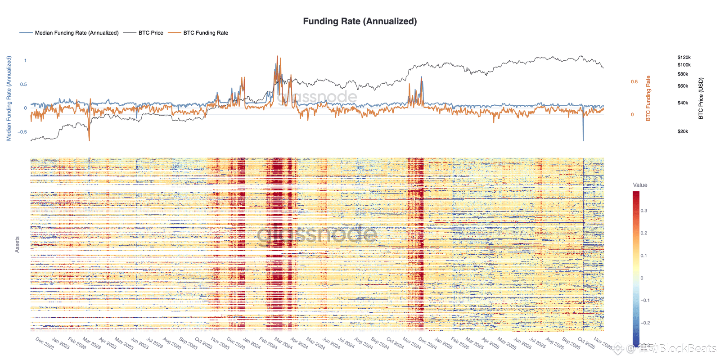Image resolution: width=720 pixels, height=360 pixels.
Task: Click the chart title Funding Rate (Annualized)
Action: (x=360, y=21)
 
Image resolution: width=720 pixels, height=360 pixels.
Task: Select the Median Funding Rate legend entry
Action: (x=76, y=33)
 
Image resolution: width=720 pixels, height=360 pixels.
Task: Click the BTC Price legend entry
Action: (x=151, y=33)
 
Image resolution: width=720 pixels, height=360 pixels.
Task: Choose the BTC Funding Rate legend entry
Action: (x=206, y=33)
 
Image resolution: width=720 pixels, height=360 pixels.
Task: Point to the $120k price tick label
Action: (x=684, y=58)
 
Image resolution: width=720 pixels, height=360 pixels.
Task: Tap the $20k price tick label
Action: (x=683, y=131)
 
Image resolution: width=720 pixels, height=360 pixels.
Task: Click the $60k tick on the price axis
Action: (x=683, y=86)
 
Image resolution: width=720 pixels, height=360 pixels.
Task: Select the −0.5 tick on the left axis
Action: (x=22, y=132)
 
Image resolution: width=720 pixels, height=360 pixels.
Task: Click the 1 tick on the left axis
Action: (x=25, y=61)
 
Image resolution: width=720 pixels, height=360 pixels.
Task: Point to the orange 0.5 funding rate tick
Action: (x=634, y=82)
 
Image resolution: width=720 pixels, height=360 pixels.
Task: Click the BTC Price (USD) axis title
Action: (x=701, y=99)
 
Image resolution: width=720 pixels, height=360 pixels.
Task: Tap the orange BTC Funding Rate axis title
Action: (x=648, y=99)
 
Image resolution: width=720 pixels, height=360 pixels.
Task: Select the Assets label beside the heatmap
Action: (x=17, y=244)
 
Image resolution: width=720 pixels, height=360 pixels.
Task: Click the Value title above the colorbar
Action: (x=640, y=185)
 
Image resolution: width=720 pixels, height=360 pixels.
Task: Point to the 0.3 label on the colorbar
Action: (x=644, y=211)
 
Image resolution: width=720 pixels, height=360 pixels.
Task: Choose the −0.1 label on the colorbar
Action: (x=645, y=300)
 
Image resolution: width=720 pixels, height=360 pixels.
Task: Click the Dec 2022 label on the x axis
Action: (x=45, y=344)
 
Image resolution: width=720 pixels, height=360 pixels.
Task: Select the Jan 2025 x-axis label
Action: (x=443, y=344)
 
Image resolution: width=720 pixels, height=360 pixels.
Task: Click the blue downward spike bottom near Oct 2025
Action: (x=583, y=140)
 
